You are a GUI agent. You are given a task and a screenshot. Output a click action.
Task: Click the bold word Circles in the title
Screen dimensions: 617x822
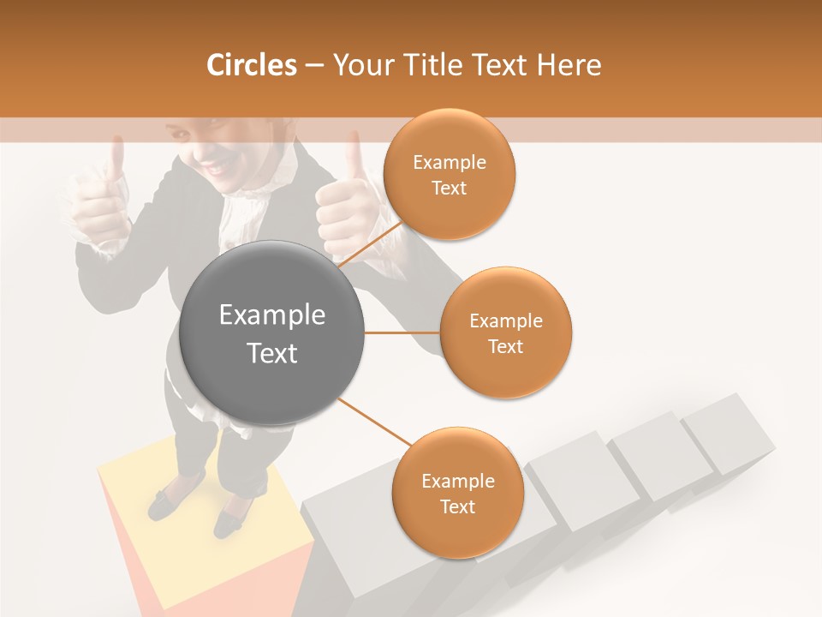(x=251, y=64)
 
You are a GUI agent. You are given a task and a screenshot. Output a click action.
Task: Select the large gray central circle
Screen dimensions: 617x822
(x=271, y=332)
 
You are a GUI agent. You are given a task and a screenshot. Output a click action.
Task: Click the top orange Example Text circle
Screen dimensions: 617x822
(x=449, y=174)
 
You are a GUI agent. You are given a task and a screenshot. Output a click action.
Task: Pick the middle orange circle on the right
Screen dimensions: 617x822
(x=505, y=332)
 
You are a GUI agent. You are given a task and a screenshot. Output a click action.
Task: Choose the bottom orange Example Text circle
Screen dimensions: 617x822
(x=457, y=493)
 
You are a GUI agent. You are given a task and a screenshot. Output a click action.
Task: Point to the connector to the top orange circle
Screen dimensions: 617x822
(x=370, y=246)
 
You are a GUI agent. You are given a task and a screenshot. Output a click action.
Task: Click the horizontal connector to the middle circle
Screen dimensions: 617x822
(x=402, y=332)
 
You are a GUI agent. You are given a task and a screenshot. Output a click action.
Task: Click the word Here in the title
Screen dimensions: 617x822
(x=571, y=64)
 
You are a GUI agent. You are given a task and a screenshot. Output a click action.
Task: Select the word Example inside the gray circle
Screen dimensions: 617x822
(x=271, y=315)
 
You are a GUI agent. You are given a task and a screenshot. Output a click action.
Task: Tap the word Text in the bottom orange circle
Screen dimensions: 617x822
(x=457, y=506)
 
